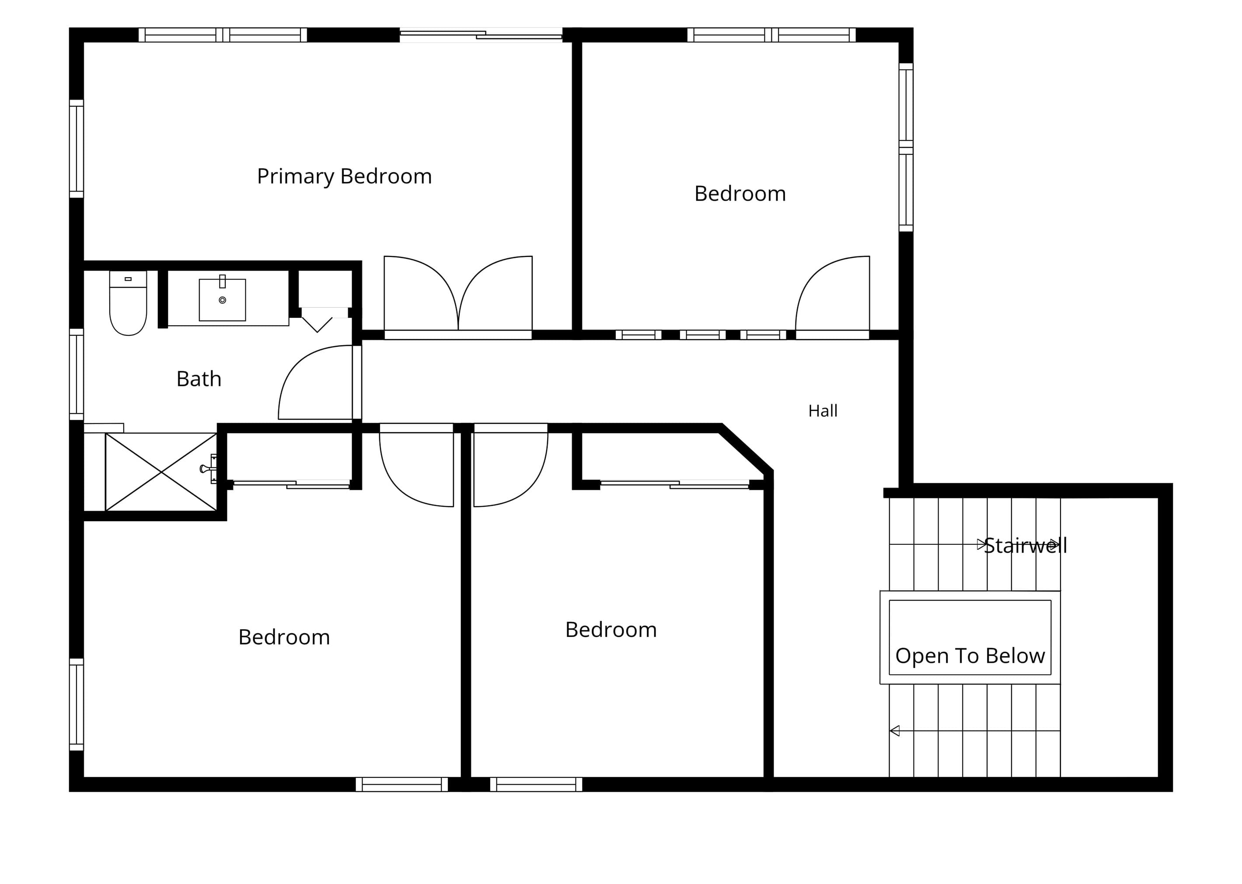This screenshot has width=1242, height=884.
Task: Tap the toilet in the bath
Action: point(128,303)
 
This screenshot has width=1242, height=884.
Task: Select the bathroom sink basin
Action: point(222,300)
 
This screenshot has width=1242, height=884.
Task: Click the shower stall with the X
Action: point(161,472)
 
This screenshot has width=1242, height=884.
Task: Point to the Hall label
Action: point(823,411)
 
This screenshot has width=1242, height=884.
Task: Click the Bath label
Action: point(199,379)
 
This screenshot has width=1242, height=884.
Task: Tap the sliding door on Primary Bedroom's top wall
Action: point(481,35)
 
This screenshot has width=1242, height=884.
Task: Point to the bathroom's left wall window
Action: point(76,375)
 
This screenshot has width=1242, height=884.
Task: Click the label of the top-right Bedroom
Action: point(740,194)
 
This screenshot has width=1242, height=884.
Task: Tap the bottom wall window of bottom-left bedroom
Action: point(402,784)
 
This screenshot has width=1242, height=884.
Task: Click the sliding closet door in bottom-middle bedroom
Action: point(675,484)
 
